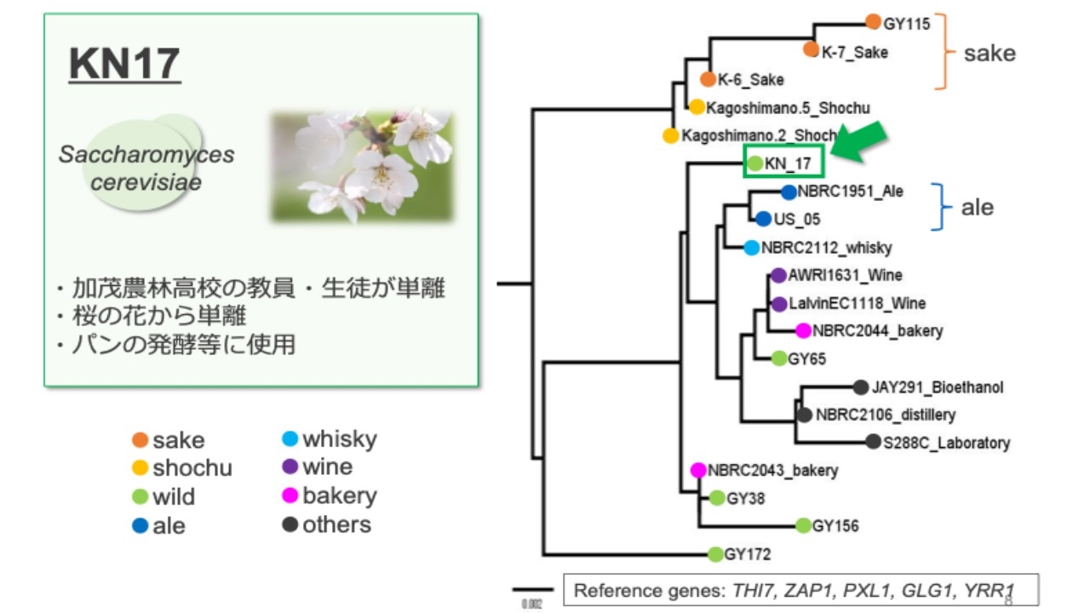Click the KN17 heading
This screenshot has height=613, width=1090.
(124, 65)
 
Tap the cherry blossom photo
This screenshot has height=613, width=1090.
(362, 166)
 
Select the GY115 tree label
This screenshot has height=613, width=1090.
(907, 24)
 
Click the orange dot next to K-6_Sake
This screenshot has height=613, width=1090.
(708, 79)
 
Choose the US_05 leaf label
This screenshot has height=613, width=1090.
(797, 220)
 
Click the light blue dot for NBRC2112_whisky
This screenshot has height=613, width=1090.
(751, 248)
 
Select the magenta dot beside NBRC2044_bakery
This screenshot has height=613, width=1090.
(803, 330)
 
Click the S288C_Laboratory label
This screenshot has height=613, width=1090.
(946, 443)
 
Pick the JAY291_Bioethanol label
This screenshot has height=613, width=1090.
(938, 387)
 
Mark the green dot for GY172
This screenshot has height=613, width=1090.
(716, 555)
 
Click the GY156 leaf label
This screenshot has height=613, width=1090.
(835, 526)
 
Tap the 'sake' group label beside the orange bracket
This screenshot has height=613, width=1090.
(990, 53)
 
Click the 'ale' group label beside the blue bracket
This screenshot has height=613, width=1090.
(977, 208)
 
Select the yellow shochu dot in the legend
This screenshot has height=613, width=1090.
(141, 467)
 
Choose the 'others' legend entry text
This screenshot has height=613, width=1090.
(336, 524)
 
